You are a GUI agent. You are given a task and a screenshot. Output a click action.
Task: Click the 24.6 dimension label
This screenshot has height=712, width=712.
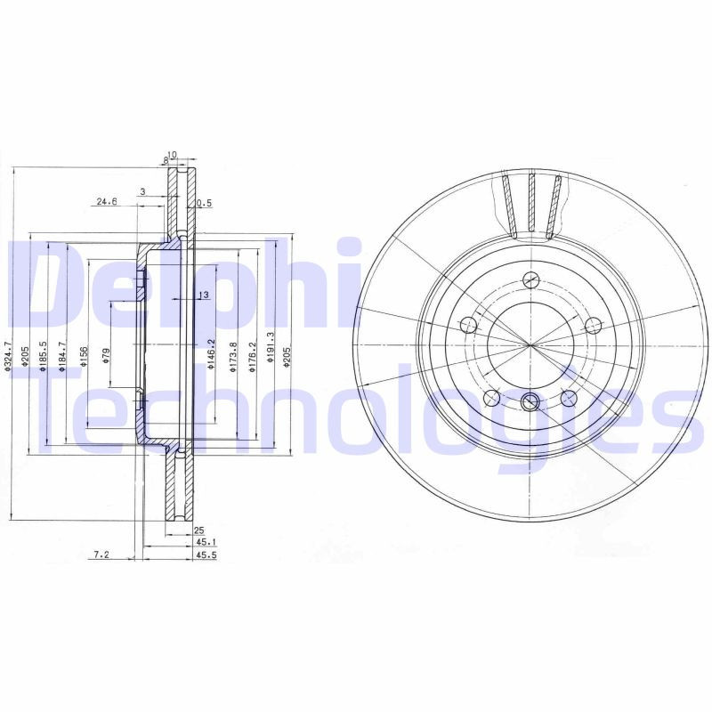[x=106, y=202]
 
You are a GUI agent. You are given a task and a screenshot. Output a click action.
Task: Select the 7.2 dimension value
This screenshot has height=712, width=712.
[x=101, y=554]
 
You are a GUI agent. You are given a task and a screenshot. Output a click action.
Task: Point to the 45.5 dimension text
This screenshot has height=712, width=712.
[x=206, y=554]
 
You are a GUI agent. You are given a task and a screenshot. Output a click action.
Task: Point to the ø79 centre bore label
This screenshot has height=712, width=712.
[x=106, y=355]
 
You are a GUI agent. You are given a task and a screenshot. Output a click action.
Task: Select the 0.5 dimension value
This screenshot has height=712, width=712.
[x=204, y=203]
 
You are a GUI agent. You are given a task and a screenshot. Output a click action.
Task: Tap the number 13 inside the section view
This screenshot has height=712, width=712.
[x=203, y=295]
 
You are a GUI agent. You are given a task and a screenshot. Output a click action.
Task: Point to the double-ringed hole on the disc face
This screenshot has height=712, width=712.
[x=530, y=402]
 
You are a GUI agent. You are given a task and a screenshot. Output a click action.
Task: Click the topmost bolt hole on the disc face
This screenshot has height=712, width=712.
[x=530, y=277]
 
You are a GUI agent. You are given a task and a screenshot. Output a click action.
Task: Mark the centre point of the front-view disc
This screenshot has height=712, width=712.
[x=530, y=344]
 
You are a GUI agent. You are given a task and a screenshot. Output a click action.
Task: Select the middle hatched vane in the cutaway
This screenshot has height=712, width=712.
[x=531, y=203]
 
